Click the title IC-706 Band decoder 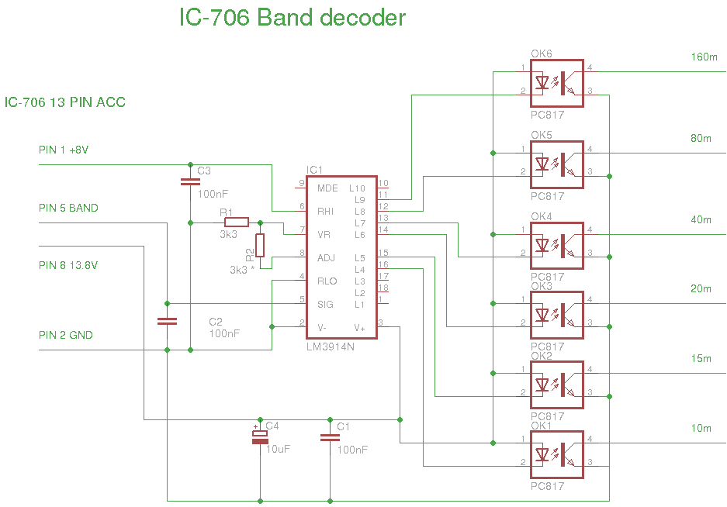click(292, 17)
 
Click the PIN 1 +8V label click(64, 150)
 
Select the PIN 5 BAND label click(68, 208)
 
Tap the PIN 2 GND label click(65, 335)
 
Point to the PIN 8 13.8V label click(68, 265)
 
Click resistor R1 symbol click(236, 222)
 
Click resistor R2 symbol click(260, 245)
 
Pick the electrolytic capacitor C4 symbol click(260, 438)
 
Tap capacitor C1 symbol click(330, 438)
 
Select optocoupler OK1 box click(556, 455)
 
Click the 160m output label click(704, 57)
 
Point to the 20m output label click(701, 288)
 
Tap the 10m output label click(701, 428)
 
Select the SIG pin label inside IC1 click(326, 304)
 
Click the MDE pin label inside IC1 click(327, 188)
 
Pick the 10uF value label click(278, 449)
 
